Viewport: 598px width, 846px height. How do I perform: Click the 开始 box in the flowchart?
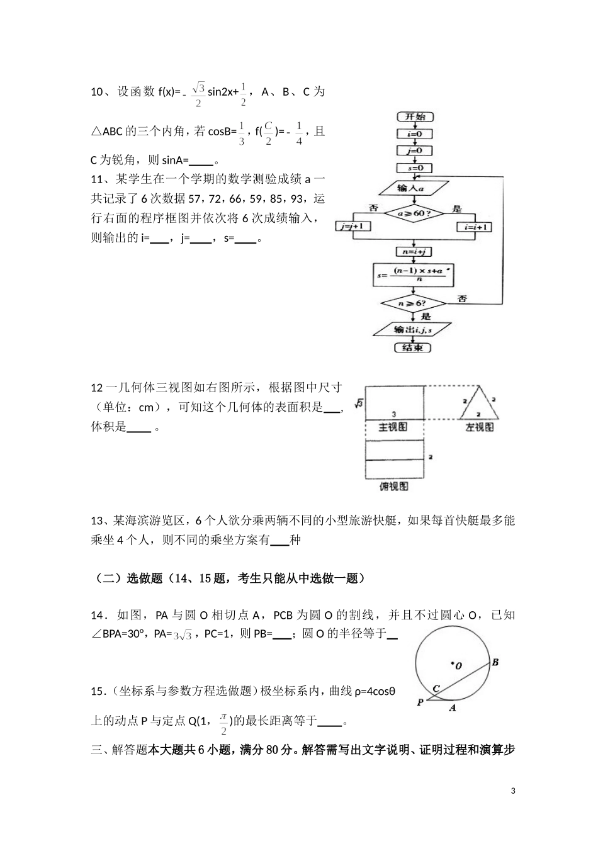click(x=415, y=117)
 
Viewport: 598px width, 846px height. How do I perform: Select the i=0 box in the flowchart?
click(x=414, y=134)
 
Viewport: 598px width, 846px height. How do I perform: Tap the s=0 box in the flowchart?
click(x=414, y=168)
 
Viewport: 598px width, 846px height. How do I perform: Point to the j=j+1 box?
click(x=353, y=227)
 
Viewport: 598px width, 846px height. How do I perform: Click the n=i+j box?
click(x=414, y=251)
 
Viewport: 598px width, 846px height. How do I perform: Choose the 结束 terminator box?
click(x=412, y=347)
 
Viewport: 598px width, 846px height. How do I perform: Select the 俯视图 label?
click(x=394, y=487)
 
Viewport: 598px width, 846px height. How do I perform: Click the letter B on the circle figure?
click(x=495, y=662)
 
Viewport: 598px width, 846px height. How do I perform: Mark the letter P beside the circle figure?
click(x=420, y=702)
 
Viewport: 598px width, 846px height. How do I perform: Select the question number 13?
click(x=97, y=521)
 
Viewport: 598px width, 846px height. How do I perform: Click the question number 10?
click(x=97, y=93)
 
